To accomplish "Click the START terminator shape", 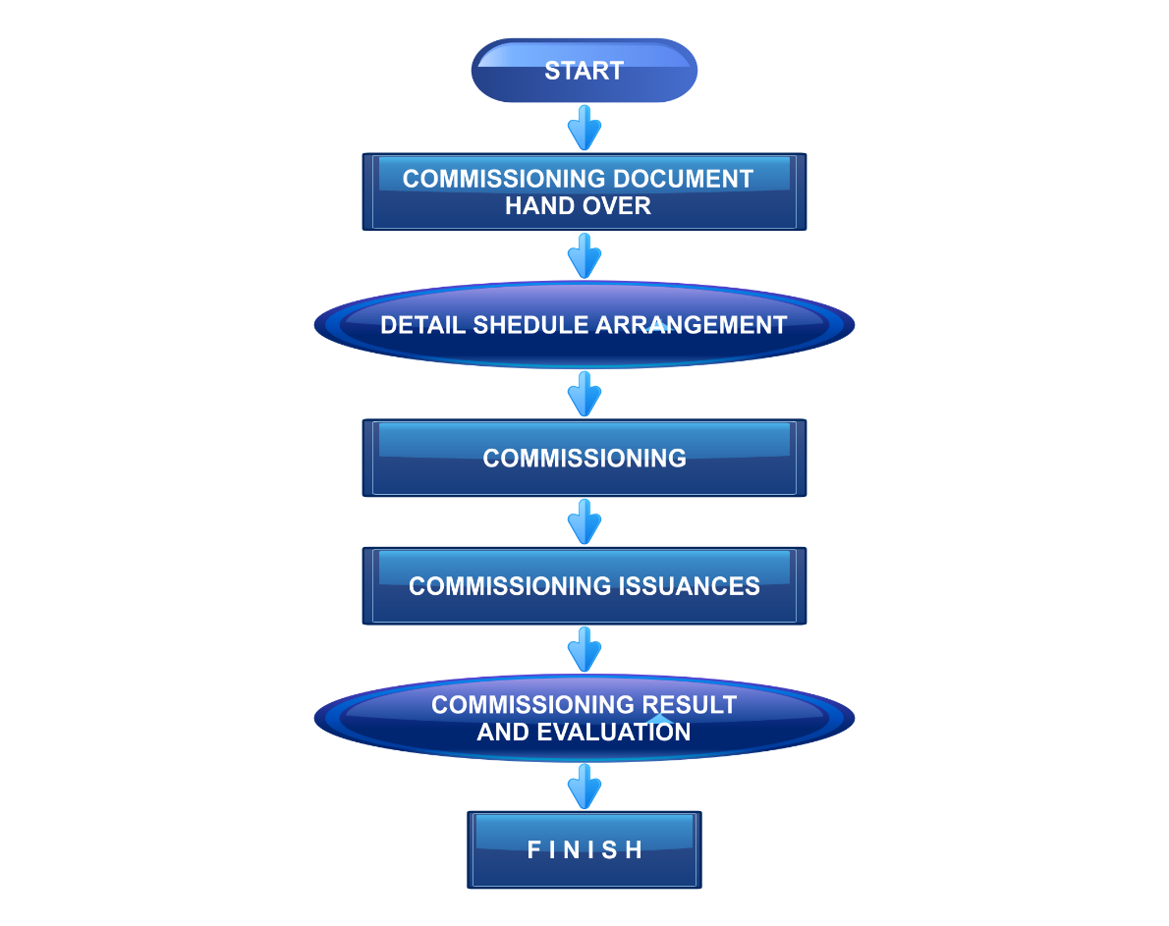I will tap(584, 71).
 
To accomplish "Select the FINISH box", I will tap(584, 849).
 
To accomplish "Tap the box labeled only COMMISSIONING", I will tap(584, 458).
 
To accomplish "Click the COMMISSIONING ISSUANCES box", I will tap(584, 585).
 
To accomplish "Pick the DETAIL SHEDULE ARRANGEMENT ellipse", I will tap(584, 325).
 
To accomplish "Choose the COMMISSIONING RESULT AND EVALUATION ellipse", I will tap(584, 718).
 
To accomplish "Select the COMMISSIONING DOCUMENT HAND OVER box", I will tap(584, 191).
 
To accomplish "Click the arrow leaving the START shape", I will tap(584, 128).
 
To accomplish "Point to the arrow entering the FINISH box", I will tap(584, 787).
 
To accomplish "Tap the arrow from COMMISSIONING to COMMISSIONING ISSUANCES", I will tap(584, 521).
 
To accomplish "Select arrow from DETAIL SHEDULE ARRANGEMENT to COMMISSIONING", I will tap(584, 394).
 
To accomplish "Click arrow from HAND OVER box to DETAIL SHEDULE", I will tap(584, 255).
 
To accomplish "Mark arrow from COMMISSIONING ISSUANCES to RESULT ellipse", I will tap(584, 649).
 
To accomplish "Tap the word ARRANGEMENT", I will tap(694, 325).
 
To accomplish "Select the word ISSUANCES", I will tap(690, 586).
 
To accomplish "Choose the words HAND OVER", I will tap(578, 206).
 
